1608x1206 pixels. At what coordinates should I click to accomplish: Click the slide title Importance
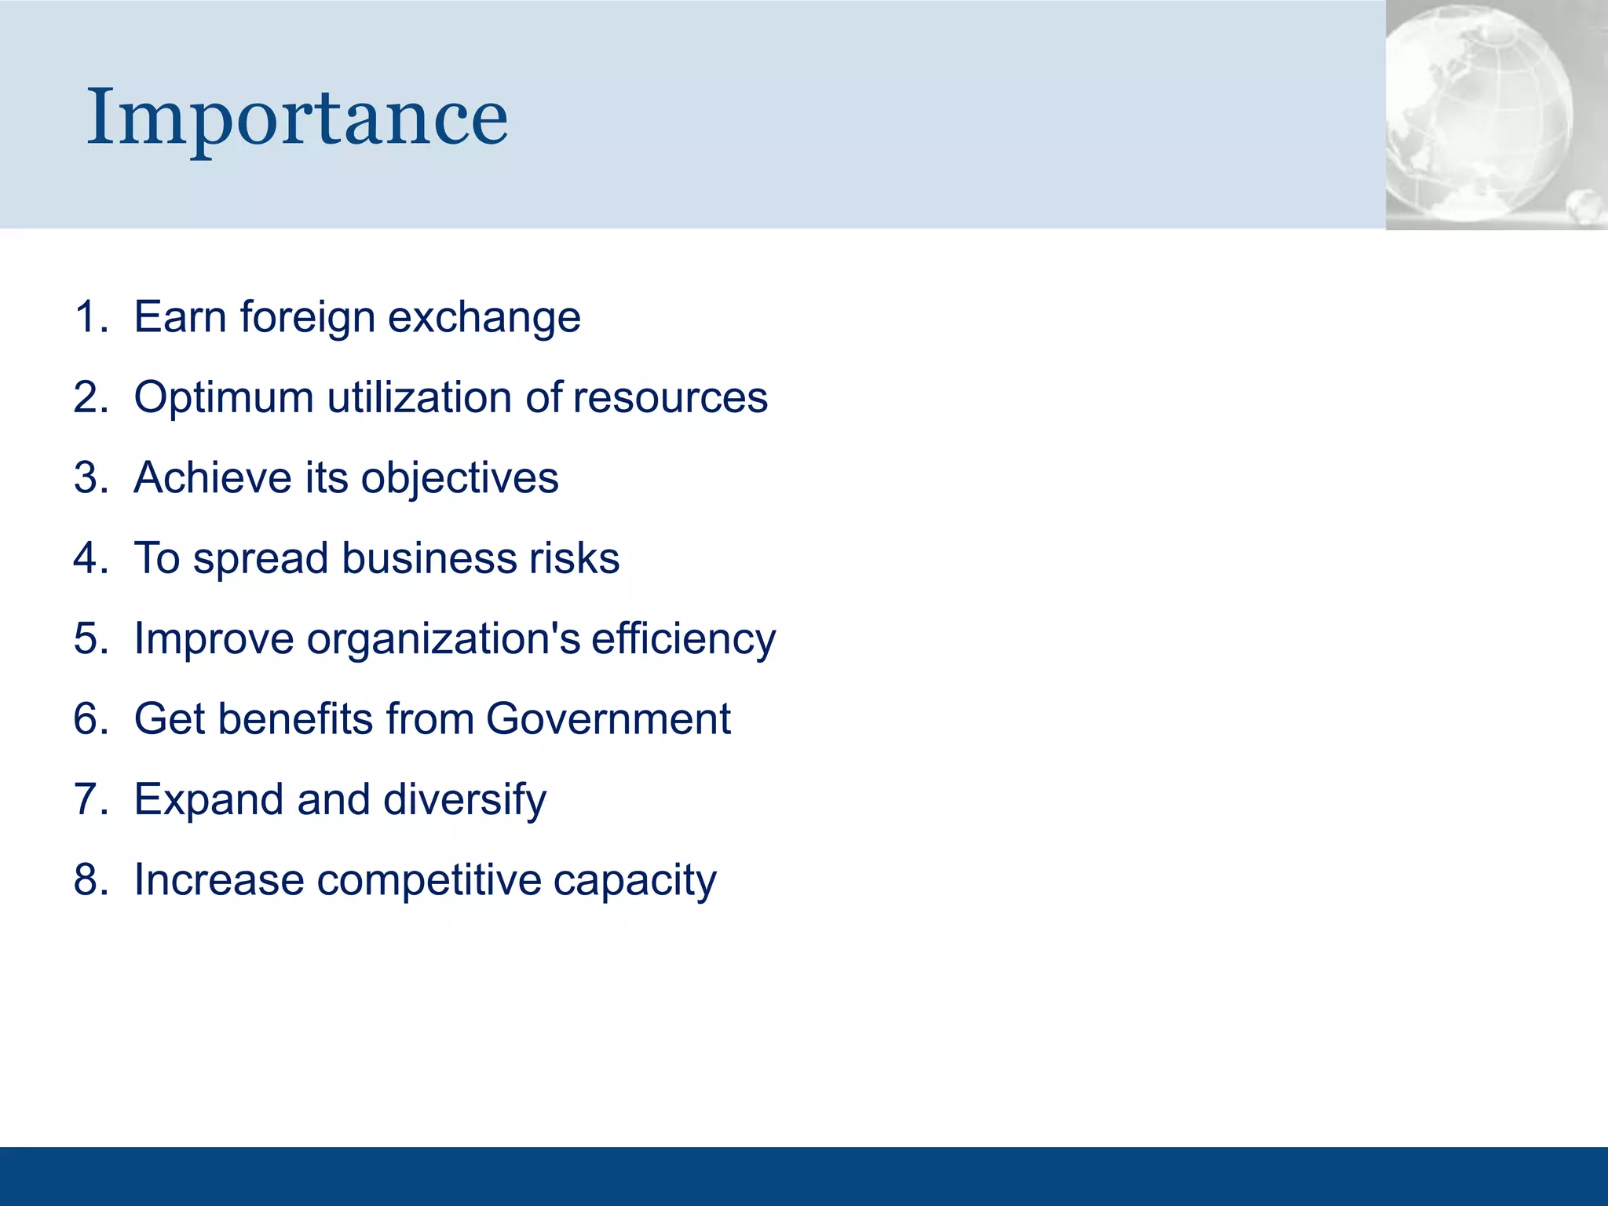click(297, 118)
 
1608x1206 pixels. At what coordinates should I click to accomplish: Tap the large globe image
click(1480, 110)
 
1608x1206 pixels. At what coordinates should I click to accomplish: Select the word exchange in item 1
click(484, 317)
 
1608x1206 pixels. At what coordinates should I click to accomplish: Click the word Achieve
click(212, 477)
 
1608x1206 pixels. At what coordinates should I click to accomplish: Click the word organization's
click(444, 639)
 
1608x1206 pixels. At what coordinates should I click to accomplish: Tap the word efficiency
click(683, 639)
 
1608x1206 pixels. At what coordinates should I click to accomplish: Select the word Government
click(608, 718)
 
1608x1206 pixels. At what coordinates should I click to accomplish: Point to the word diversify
click(465, 799)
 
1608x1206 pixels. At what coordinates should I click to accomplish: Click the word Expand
click(208, 799)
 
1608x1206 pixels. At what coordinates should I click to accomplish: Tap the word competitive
click(429, 880)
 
